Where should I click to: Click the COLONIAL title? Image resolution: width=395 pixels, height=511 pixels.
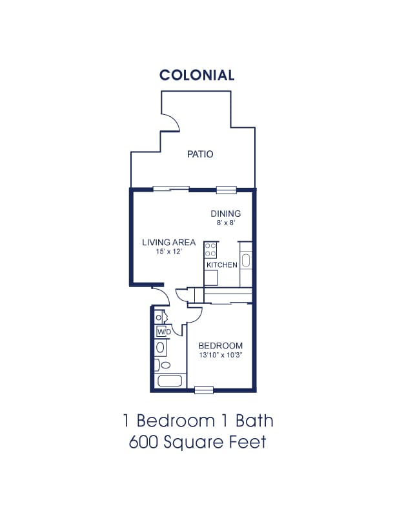tap(197, 75)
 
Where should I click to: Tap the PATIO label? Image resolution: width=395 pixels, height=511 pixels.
tap(200, 154)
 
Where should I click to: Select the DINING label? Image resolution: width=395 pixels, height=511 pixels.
tap(225, 214)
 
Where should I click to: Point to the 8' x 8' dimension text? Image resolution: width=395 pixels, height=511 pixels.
tap(226, 223)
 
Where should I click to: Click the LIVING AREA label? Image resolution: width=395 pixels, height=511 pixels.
tap(169, 243)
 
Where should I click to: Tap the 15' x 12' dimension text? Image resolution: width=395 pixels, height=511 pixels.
tap(168, 252)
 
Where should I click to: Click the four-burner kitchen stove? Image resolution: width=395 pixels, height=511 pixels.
tap(210, 250)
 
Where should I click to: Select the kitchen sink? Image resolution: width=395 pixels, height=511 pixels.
tap(245, 261)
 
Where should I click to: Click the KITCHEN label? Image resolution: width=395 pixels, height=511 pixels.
tap(222, 265)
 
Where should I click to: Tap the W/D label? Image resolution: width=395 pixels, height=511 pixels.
tap(164, 332)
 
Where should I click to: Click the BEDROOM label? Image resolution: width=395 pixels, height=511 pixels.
tap(221, 346)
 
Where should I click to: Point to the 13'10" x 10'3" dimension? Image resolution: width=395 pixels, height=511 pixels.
tap(221, 356)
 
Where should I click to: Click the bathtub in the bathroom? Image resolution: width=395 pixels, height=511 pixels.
tap(170, 381)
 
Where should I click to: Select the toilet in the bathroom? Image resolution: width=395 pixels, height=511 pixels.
tap(162, 365)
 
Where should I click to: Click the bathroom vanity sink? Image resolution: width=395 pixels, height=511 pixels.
tap(160, 347)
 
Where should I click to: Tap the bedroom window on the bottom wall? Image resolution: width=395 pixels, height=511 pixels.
tap(204, 390)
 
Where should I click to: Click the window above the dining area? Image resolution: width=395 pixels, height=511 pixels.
tap(227, 190)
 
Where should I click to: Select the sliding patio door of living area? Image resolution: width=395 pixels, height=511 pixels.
tap(171, 188)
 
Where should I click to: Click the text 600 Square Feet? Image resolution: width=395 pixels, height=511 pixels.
tap(197, 442)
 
